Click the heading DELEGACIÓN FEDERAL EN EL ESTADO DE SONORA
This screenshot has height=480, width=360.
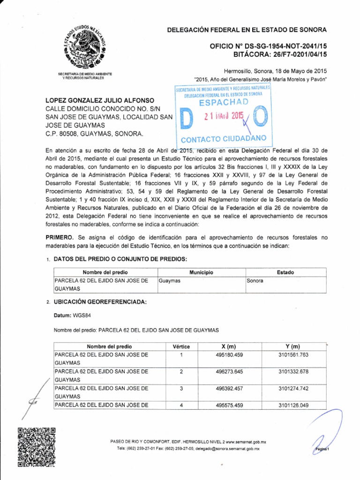point(247,30)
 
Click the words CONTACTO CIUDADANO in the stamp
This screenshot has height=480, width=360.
point(224,139)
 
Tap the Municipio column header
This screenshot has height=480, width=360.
point(201,272)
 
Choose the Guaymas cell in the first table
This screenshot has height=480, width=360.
point(170,280)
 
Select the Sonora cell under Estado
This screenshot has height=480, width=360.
point(255,280)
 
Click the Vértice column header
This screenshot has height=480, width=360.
point(181,346)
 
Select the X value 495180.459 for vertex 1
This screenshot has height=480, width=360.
point(228,355)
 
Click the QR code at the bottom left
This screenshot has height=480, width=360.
point(37,448)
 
